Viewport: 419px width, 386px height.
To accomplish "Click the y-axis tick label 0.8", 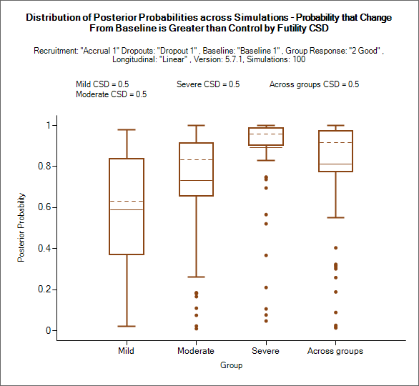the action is (44, 166).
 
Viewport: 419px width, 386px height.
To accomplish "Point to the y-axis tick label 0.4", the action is (44, 249).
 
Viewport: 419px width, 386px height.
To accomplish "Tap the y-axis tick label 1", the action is (49, 125).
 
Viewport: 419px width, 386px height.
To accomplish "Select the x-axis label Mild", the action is (126, 351).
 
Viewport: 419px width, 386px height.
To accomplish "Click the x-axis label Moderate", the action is (196, 351).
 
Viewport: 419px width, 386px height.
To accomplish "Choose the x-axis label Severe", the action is (265, 351).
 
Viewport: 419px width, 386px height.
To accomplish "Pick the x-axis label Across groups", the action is (335, 351).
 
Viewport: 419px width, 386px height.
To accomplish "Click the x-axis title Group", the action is (232, 365).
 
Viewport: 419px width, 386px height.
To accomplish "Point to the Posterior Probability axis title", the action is (21, 227).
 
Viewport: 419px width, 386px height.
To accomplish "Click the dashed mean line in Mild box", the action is (127, 201).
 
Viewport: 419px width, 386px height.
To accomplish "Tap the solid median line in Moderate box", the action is (196, 181).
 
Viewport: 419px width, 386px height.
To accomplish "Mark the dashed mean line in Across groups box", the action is (335, 143).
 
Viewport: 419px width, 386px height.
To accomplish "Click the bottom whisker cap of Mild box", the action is (127, 326).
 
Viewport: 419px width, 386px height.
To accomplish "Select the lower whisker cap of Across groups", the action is (335, 218).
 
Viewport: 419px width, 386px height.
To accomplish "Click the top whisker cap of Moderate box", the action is (197, 125).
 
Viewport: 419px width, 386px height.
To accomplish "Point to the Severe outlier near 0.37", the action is (266, 255).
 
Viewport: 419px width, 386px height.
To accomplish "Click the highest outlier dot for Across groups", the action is (336, 248).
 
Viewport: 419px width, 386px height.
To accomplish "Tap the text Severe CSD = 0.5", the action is (208, 84).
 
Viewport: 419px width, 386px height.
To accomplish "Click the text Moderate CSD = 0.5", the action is (112, 94).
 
